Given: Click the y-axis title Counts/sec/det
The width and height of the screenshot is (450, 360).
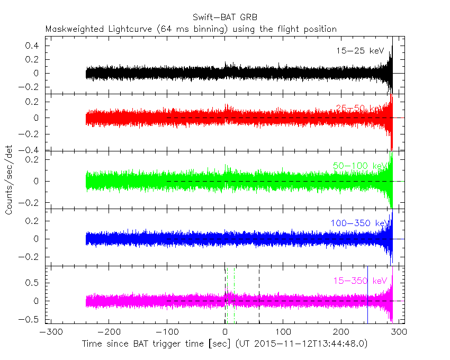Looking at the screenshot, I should pyautogui.click(x=10, y=181).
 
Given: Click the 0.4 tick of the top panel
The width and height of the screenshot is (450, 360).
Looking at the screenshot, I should pyautogui.click(x=33, y=46).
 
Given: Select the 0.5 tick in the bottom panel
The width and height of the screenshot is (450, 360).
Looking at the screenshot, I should pyautogui.click(x=33, y=283).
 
